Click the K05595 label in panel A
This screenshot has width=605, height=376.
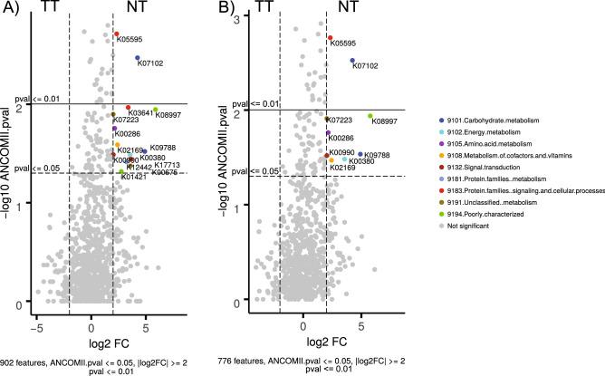[130, 39]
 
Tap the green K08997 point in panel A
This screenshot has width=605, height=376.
[156, 110]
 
